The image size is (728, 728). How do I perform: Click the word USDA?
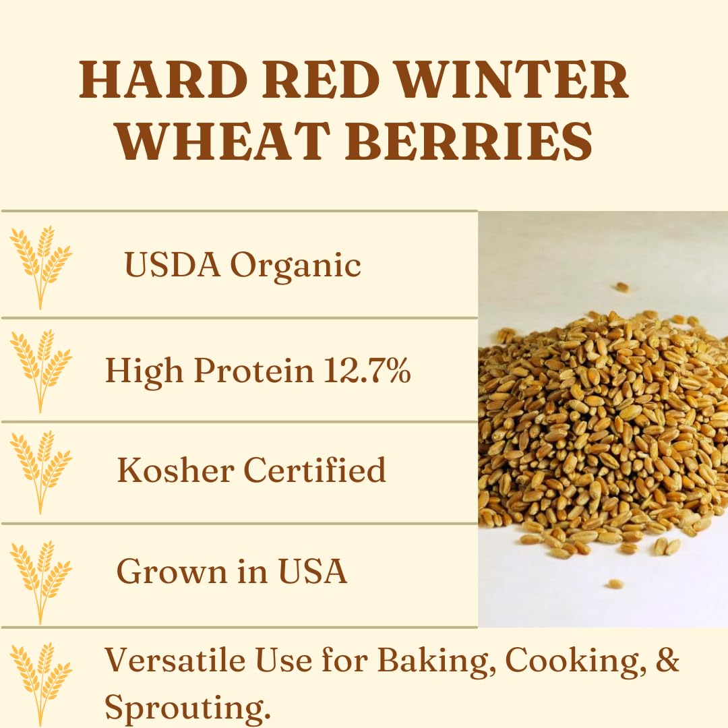173,265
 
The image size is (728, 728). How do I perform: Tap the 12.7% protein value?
367,370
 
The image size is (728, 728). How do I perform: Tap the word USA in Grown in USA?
314,572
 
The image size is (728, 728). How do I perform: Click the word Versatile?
174,661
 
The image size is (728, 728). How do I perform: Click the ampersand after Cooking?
667,661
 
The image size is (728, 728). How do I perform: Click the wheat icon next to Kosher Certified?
40,471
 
